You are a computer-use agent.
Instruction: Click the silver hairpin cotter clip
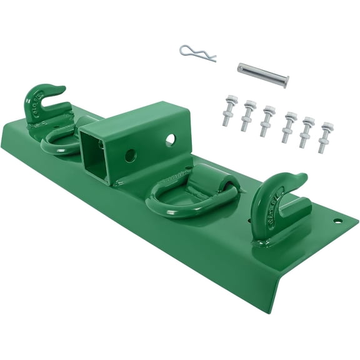click(x=196, y=53)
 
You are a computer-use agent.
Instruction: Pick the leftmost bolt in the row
click(x=229, y=110)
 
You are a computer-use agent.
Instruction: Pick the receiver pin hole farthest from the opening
click(x=169, y=140)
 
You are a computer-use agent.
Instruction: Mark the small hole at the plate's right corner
click(x=337, y=221)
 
